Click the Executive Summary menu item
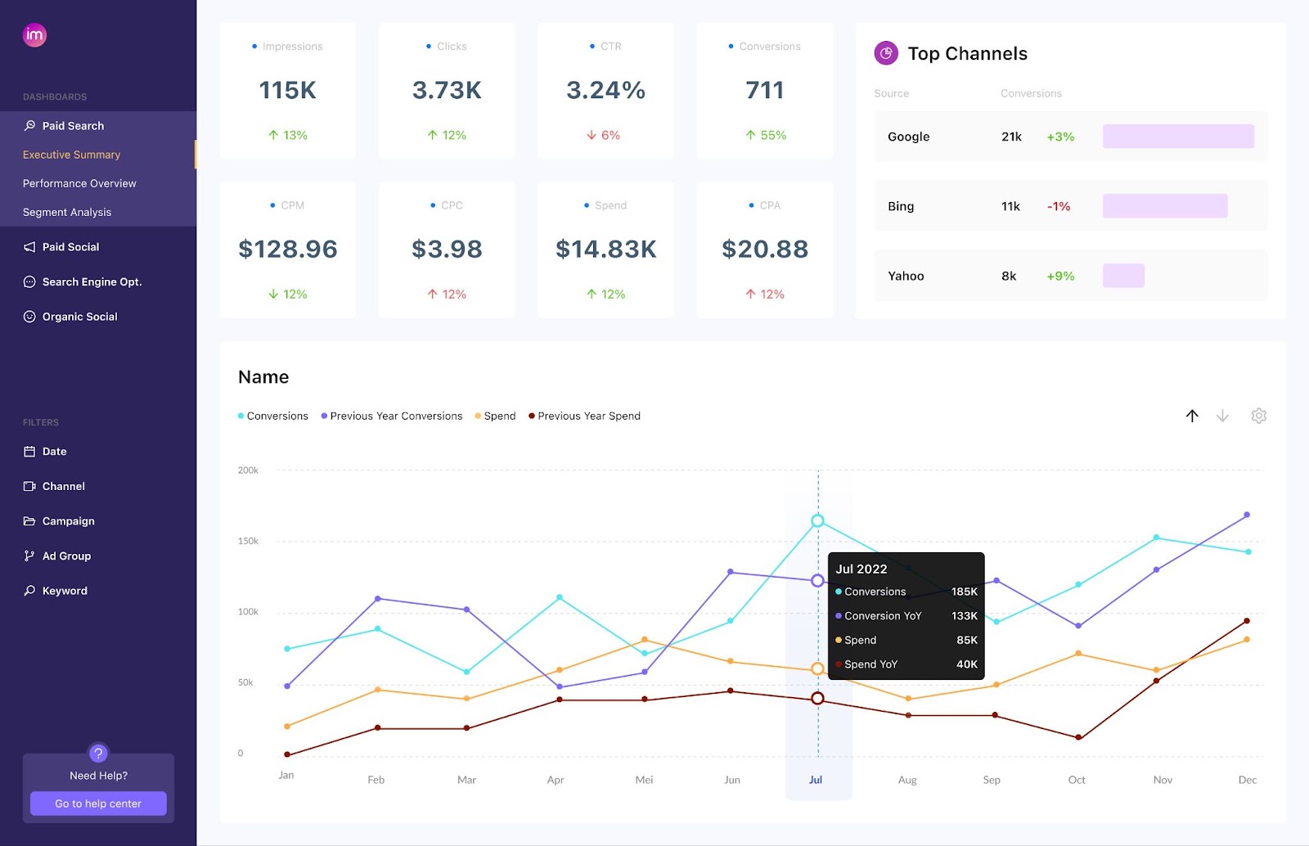pyautogui.click(x=72, y=155)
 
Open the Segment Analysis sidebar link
pyautogui.click(x=67, y=212)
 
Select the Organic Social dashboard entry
pyautogui.click(x=79, y=317)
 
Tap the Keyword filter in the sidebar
pyautogui.click(x=65, y=591)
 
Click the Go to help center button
pyautogui.click(x=98, y=803)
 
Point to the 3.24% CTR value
pyautogui.click(x=605, y=90)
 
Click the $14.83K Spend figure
pyautogui.click(x=605, y=249)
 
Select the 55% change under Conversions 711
pyautogui.click(x=766, y=135)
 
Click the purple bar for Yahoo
pyautogui.click(x=1123, y=276)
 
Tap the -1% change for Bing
pyautogui.click(x=1059, y=206)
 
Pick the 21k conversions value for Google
pyautogui.click(x=1011, y=137)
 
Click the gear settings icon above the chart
pyautogui.click(x=1258, y=416)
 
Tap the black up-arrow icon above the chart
pyautogui.click(x=1192, y=416)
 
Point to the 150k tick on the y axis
pyautogui.click(x=248, y=541)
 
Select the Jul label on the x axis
pyautogui.click(x=816, y=780)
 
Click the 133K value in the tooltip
pyautogui.click(x=964, y=616)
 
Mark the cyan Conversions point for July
pyautogui.click(x=817, y=520)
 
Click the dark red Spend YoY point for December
pyautogui.click(x=1247, y=621)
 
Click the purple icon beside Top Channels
pyautogui.click(x=886, y=53)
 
